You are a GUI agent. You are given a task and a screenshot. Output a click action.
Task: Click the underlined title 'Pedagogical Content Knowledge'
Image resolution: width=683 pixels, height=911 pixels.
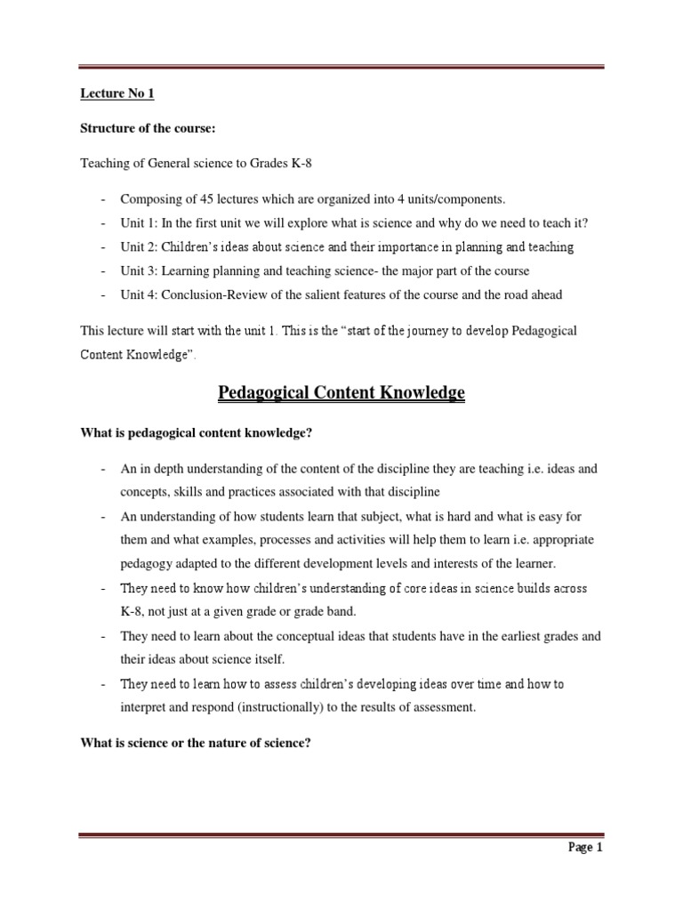coord(341,392)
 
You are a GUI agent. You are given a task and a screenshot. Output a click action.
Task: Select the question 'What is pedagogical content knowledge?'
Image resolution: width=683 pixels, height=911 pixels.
coord(197,433)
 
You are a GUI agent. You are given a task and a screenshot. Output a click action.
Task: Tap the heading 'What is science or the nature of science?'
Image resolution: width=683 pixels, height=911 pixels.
coord(195,742)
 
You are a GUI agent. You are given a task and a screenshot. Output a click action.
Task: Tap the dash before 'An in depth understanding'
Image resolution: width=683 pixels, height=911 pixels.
coord(104,468)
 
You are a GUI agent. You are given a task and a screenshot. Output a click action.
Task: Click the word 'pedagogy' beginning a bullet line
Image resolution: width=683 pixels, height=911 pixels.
coord(148,564)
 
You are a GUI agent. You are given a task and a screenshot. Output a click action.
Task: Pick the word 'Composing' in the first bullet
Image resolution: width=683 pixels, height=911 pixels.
coord(149,198)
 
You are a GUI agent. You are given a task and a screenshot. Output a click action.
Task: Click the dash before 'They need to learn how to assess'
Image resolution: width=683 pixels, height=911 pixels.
coord(104,684)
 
